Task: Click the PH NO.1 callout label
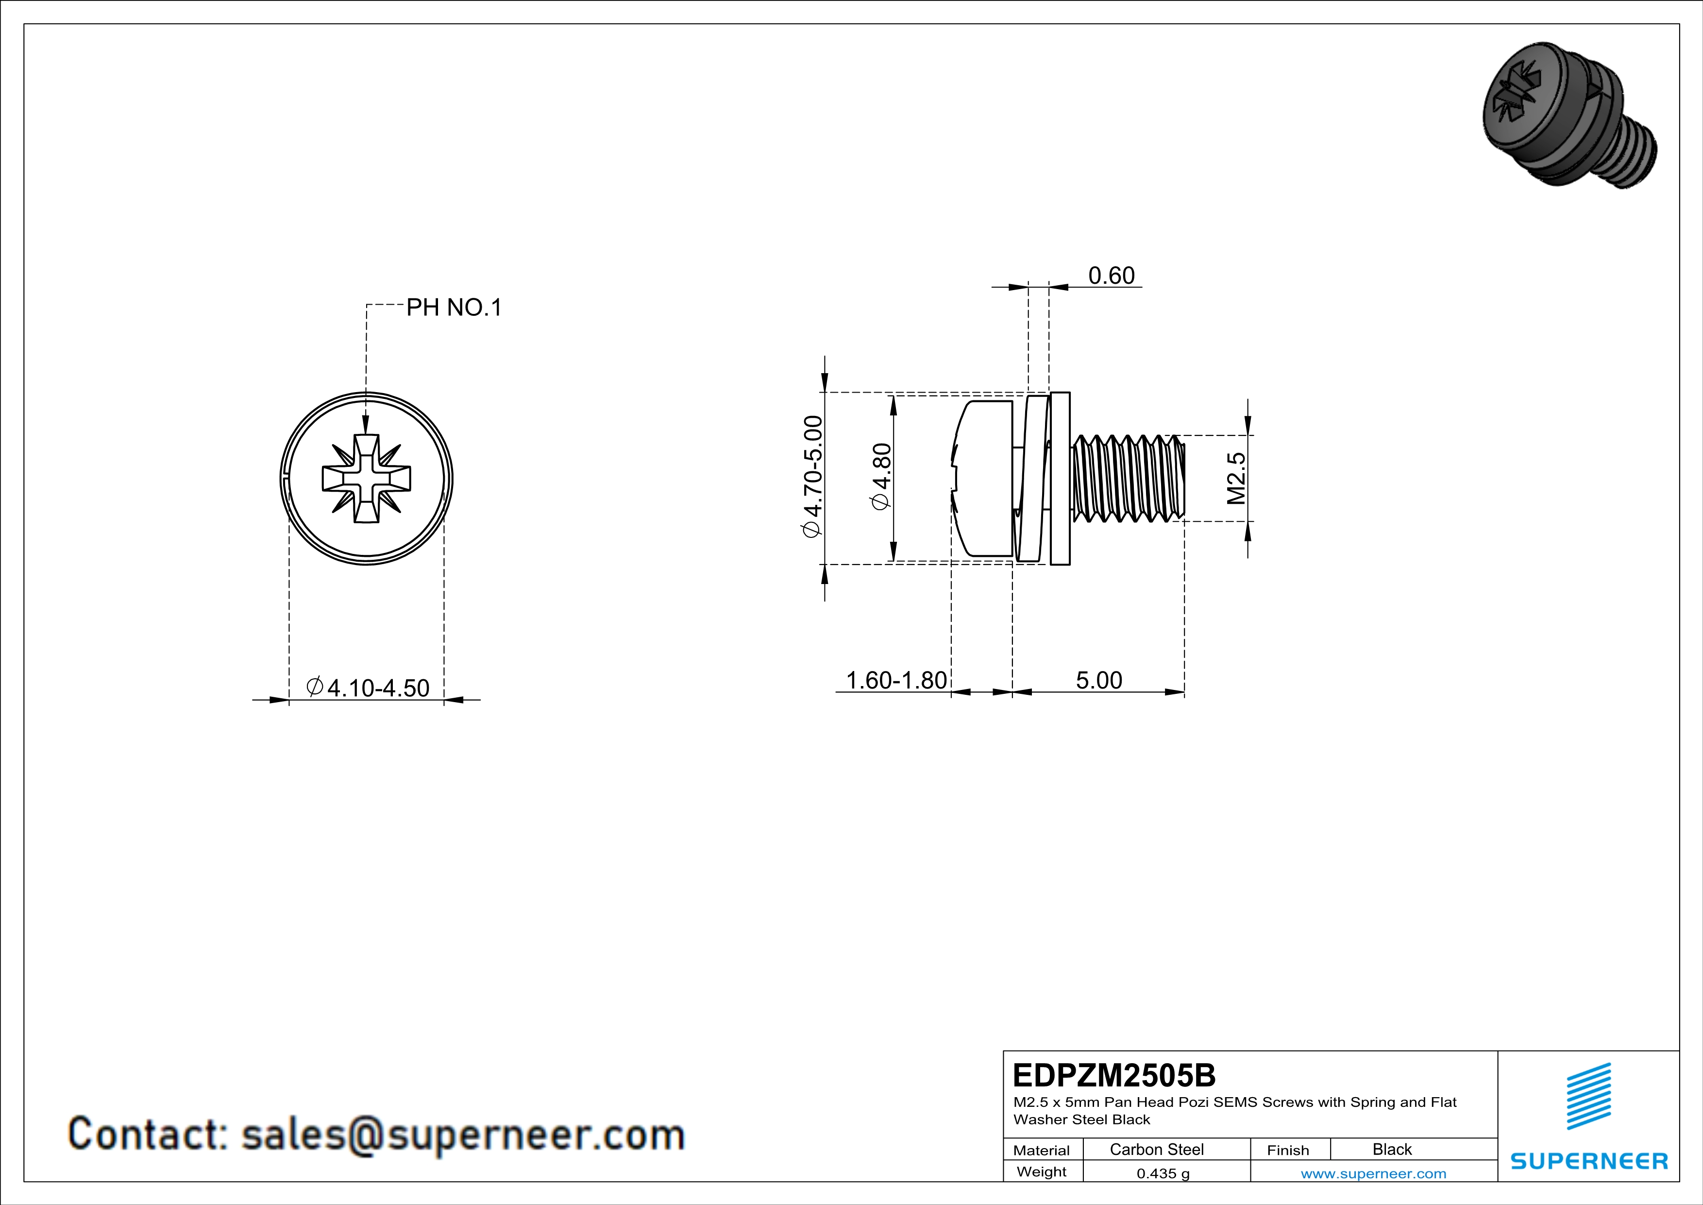coord(454,307)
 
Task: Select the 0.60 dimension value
coord(1111,276)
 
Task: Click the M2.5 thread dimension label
coord(1236,479)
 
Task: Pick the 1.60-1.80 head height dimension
coord(896,680)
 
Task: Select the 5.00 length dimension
coord(1098,680)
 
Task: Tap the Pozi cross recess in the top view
coord(367,479)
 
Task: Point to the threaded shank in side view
coord(1128,479)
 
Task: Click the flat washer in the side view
coord(1061,479)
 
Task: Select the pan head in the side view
coord(983,479)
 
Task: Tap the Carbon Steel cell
coord(1156,1149)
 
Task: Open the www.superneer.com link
coord(1373,1173)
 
